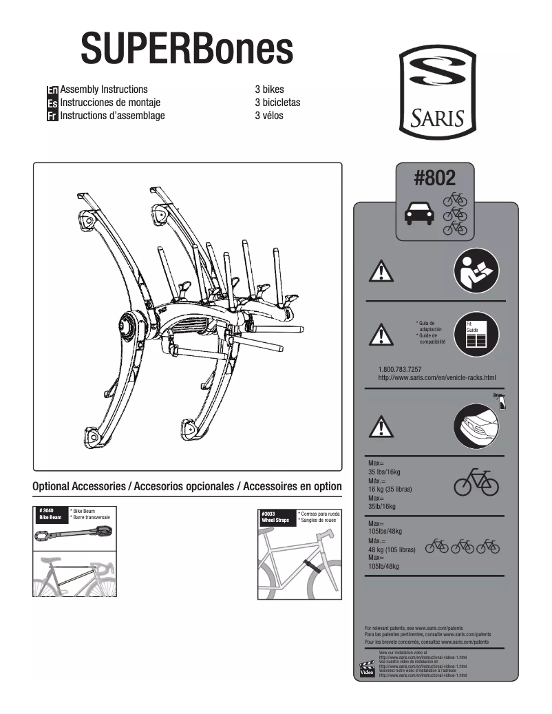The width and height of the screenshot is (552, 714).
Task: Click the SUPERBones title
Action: tap(187, 49)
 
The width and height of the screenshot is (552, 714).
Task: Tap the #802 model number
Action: tap(434, 178)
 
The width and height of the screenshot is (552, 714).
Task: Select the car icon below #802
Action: tap(418, 215)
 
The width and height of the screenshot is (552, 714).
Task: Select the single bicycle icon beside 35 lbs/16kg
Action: tap(476, 483)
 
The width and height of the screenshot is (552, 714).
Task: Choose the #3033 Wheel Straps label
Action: tap(277, 517)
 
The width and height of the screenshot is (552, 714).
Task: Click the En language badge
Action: tap(52, 90)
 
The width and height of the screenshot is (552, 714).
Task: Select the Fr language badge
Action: tap(52, 116)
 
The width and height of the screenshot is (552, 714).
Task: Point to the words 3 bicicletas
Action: tap(277, 103)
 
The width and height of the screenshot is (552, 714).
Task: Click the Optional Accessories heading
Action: tap(187, 486)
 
